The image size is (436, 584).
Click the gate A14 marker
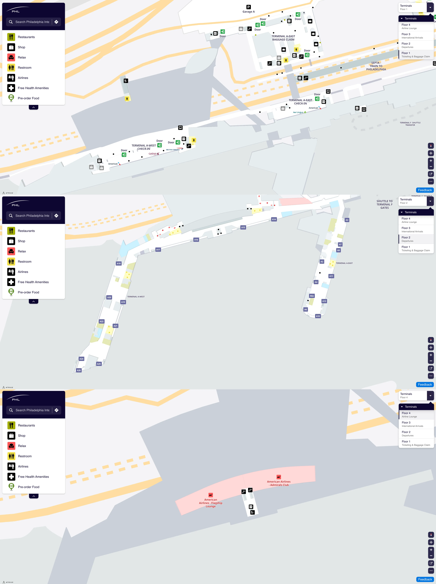click(274, 219)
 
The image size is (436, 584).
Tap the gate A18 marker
click(119, 263)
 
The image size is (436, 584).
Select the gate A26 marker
click(79, 370)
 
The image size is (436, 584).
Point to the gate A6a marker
click(312, 296)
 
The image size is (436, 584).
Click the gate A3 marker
click(347, 220)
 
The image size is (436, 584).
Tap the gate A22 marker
click(102, 321)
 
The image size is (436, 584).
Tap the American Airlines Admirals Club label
click(279, 483)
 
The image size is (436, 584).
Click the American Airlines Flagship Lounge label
click(211, 503)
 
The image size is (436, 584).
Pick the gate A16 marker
click(196, 240)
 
